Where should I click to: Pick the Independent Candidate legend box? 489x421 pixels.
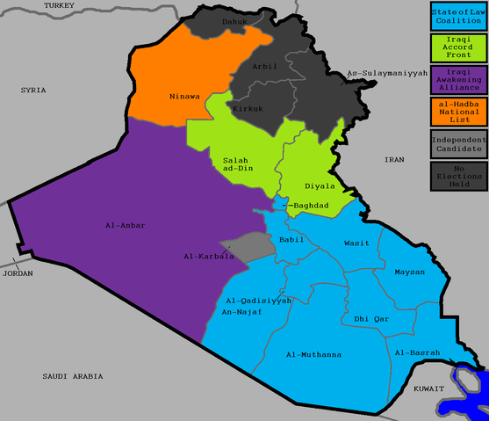[x=459, y=143]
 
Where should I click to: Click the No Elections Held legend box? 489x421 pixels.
[x=459, y=175]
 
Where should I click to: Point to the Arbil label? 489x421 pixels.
[x=263, y=66]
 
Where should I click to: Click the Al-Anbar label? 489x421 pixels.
[x=124, y=226]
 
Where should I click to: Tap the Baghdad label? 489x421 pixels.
[x=309, y=206]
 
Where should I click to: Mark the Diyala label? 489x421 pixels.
[x=320, y=186]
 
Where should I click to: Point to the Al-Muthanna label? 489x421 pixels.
[x=313, y=354]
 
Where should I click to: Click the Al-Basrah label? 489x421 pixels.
[x=416, y=352]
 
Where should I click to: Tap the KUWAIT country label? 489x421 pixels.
[x=430, y=387]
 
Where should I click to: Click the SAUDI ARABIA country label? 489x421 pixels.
[x=72, y=375]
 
